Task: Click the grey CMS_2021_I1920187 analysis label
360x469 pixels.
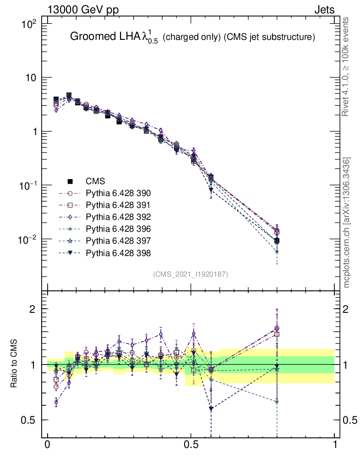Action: (191, 274)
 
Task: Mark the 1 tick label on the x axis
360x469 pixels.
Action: (334, 445)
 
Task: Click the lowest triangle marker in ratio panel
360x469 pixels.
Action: (211, 409)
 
